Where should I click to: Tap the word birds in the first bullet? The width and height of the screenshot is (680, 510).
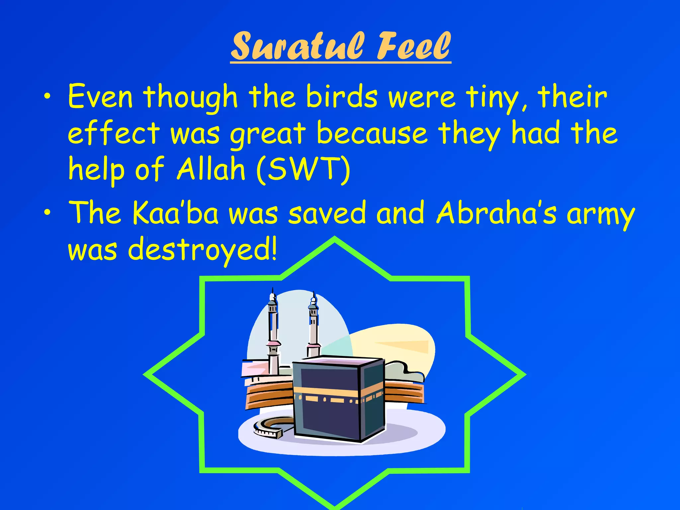coord(342,97)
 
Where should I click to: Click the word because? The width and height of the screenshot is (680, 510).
coord(372,133)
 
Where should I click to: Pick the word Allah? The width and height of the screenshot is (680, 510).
coord(211,169)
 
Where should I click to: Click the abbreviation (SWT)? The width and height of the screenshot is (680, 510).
coord(303,170)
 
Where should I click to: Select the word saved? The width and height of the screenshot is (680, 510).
coord(327,213)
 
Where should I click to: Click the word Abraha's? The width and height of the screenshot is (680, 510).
coord(496,213)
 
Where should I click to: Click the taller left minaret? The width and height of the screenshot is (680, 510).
coord(273,332)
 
